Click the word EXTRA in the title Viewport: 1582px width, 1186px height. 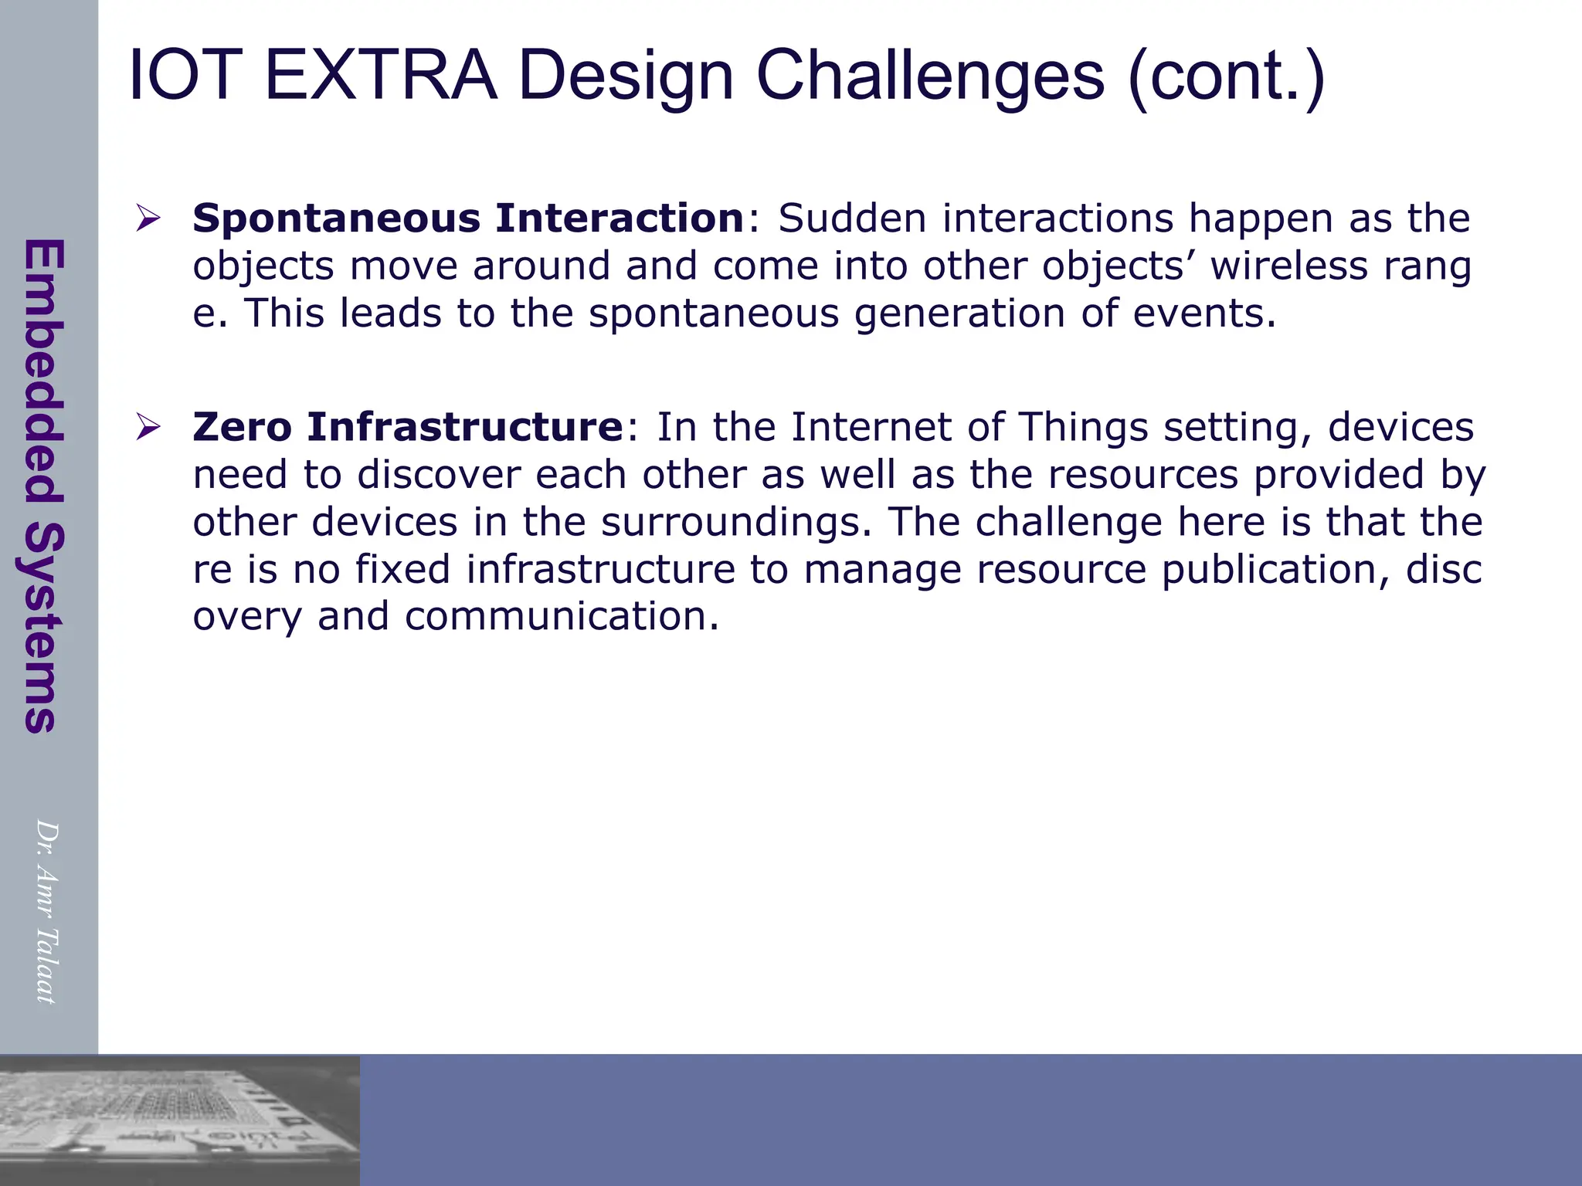pos(380,76)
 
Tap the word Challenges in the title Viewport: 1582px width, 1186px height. pos(929,76)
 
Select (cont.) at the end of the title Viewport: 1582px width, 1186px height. pos(1226,76)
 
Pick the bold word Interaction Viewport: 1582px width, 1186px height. pos(620,219)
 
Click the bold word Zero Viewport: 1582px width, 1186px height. pos(242,427)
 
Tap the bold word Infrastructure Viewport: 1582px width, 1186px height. pos(464,427)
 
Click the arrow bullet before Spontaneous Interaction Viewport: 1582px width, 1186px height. pos(148,218)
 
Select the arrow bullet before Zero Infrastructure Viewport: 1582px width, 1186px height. pos(148,426)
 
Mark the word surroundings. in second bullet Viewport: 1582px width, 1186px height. pos(736,522)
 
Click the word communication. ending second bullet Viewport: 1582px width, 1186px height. pos(562,617)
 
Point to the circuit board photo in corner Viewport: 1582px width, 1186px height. pos(179,1120)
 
